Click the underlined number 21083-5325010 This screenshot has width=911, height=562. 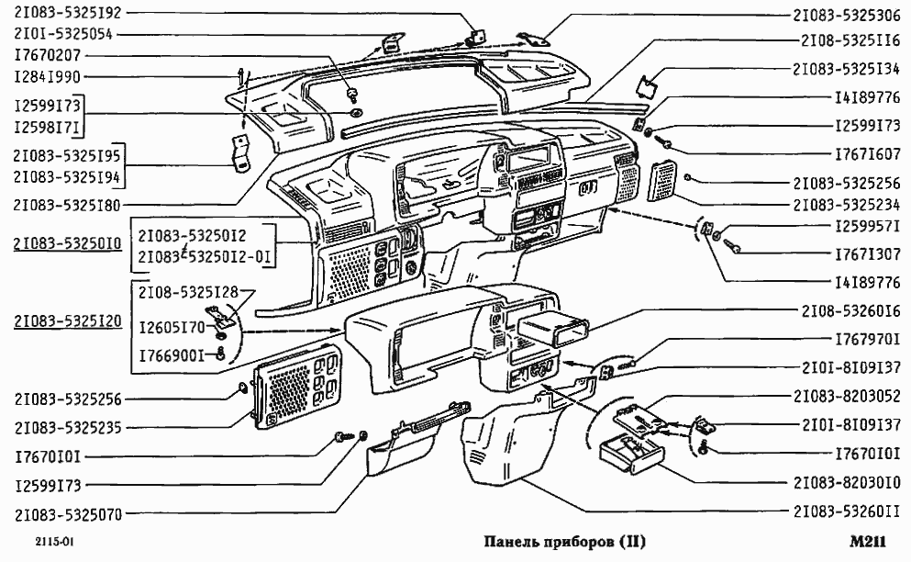pos(69,245)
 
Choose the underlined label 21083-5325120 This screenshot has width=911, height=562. pos(69,321)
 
